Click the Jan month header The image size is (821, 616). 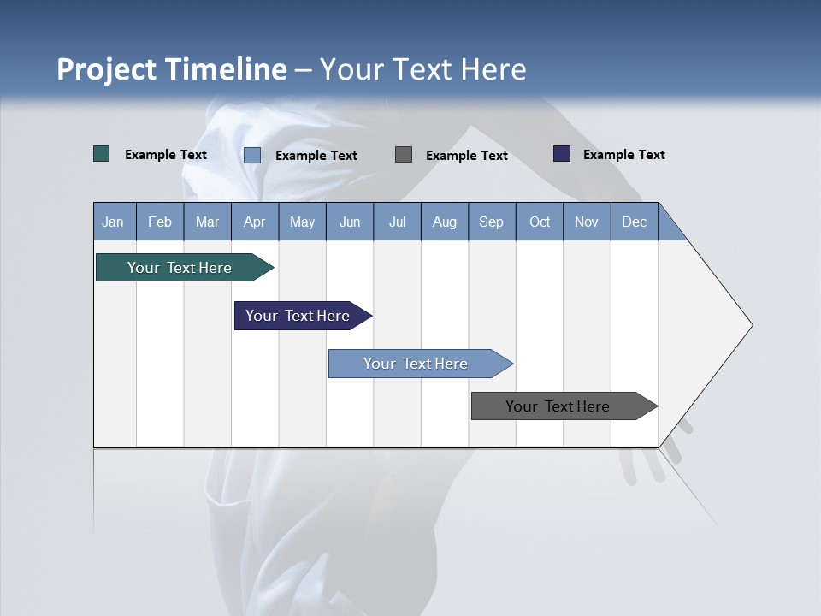point(114,222)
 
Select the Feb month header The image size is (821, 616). point(160,222)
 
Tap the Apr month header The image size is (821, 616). point(254,222)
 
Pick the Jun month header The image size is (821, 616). point(350,222)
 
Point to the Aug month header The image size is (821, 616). point(444,222)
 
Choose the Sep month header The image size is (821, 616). point(491,222)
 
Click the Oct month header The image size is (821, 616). point(540,222)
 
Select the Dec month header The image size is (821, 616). point(634,222)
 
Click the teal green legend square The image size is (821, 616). point(102,154)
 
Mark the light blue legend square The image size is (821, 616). point(252,155)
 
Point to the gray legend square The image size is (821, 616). point(404,155)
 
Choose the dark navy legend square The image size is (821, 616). point(562,154)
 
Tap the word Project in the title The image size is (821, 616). point(106,69)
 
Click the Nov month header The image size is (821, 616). point(587,222)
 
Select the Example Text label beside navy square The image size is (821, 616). point(623,155)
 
